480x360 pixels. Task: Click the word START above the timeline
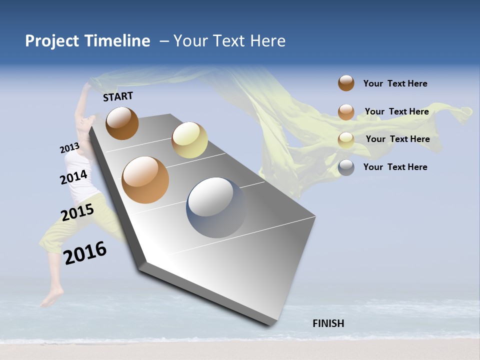(x=118, y=96)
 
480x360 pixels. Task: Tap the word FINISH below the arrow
(x=328, y=323)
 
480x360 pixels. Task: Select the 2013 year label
(x=69, y=148)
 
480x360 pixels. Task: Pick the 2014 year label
(x=73, y=177)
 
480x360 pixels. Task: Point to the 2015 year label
(x=77, y=212)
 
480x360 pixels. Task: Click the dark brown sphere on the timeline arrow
(x=122, y=123)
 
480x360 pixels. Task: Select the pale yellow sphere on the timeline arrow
(x=189, y=140)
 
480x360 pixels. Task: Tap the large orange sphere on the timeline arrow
(x=145, y=180)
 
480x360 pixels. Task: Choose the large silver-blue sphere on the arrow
(x=216, y=207)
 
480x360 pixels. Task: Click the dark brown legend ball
(x=346, y=83)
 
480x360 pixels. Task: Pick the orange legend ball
(x=346, y=112)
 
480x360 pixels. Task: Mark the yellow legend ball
(x=346, y=140)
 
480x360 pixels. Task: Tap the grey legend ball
(x=346, y=167)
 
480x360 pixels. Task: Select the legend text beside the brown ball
(x=395, y=83)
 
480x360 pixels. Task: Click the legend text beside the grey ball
(x=395, y=167)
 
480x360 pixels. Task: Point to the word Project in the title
(x=52, y=41)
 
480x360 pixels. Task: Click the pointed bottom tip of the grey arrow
(x=272, y=325)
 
